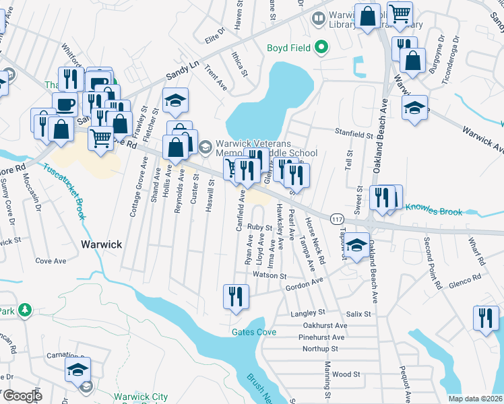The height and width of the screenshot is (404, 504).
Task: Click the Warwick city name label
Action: click(102, 244)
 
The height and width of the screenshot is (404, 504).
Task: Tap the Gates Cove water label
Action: click(254, 332)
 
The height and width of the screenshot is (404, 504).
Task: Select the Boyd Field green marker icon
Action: click(322, 47)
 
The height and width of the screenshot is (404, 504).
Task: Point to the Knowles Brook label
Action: click(434, 212)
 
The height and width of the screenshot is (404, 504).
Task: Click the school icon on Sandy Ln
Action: click(175, 100)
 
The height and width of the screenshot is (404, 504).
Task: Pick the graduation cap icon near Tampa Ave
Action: click(358, 244)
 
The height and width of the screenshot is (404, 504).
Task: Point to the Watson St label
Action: click(270, 275)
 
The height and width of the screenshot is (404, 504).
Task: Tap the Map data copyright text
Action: click(475, 399)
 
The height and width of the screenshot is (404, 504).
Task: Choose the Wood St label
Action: click(346, 374)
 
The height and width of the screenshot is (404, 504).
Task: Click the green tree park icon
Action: click(24, 309)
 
